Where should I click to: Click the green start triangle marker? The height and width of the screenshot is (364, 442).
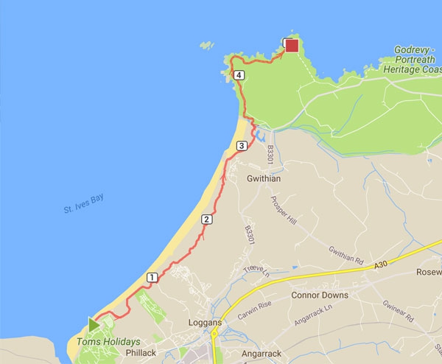94,324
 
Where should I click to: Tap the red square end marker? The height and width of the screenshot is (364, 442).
292,46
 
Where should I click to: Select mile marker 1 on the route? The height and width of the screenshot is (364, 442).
152,278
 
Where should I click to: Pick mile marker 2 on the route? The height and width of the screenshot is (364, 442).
206,219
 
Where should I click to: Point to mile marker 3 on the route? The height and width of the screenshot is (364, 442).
241,147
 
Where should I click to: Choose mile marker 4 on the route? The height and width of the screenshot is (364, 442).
238,75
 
